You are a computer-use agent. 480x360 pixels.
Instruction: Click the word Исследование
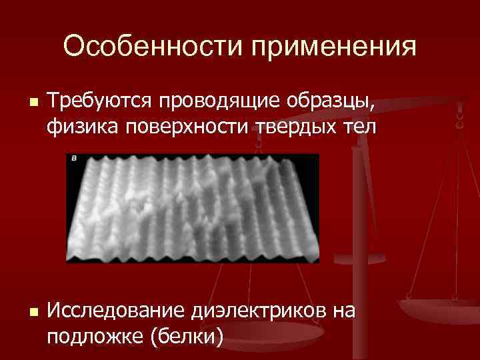pyautogui.click(x=117, y=311)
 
